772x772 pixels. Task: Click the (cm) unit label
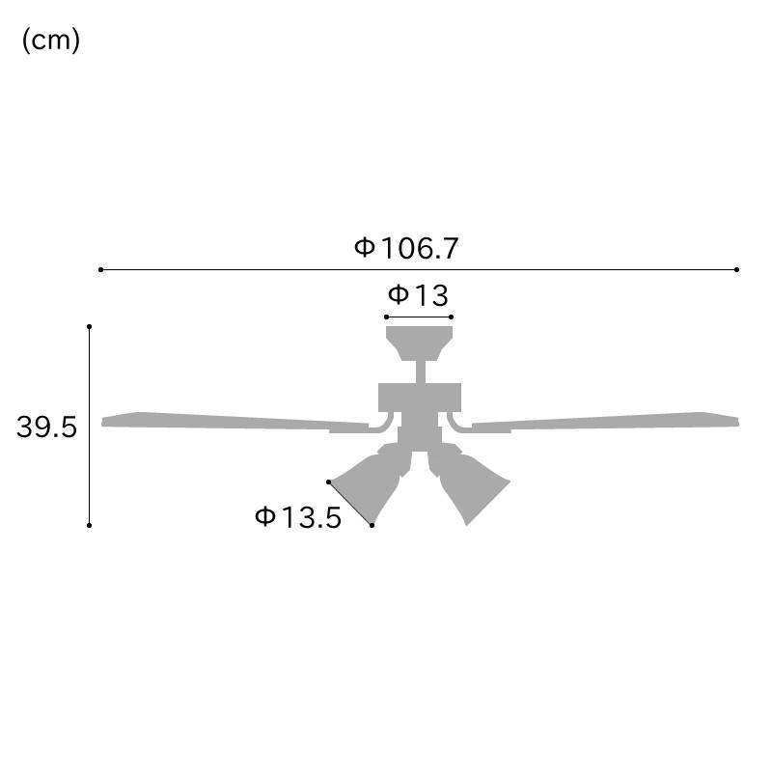click(x=51, y=41)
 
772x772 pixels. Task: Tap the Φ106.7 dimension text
click(x=406, y=248)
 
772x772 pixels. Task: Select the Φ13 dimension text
click(x=418, y=295)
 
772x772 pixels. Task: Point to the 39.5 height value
click(x=46, y=427)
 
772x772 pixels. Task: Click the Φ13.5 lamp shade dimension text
click(x=298, y=517)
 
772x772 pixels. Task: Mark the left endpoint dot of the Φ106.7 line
click(x=101, y=270)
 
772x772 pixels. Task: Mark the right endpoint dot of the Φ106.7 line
click(x=736, y=270)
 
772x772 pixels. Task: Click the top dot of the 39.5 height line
click(x=89, y=326)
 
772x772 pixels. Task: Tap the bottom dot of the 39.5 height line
click(x=89, y=525)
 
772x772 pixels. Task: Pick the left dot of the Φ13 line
click(x=387, y=317)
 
